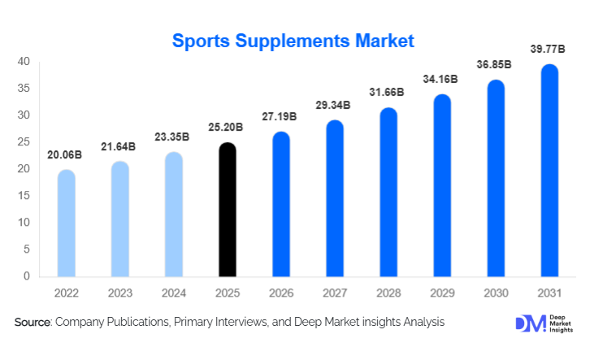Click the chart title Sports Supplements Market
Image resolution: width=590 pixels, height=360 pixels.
[x=293, y=40]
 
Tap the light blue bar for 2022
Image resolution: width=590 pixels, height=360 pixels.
[x=66, y=223]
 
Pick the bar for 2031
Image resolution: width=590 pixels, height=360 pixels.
[x=550, y=171]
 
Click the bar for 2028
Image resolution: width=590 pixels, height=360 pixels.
[x=389, y=193]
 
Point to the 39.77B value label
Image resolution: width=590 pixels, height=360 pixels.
[x=550, y=50]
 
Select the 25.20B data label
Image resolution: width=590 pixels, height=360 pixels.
[x=228, y=128]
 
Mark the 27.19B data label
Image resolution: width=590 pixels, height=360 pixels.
[x=282, y=117]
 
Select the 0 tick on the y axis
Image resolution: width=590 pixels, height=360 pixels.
[x=27, y=276]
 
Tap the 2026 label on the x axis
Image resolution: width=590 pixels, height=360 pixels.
[x=282, y=293]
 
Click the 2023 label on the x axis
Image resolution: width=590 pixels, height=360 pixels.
[x=120, y=293]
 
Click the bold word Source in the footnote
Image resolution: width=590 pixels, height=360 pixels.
[x=33, y=323]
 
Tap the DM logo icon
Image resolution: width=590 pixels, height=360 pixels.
[x=527, y=323]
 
